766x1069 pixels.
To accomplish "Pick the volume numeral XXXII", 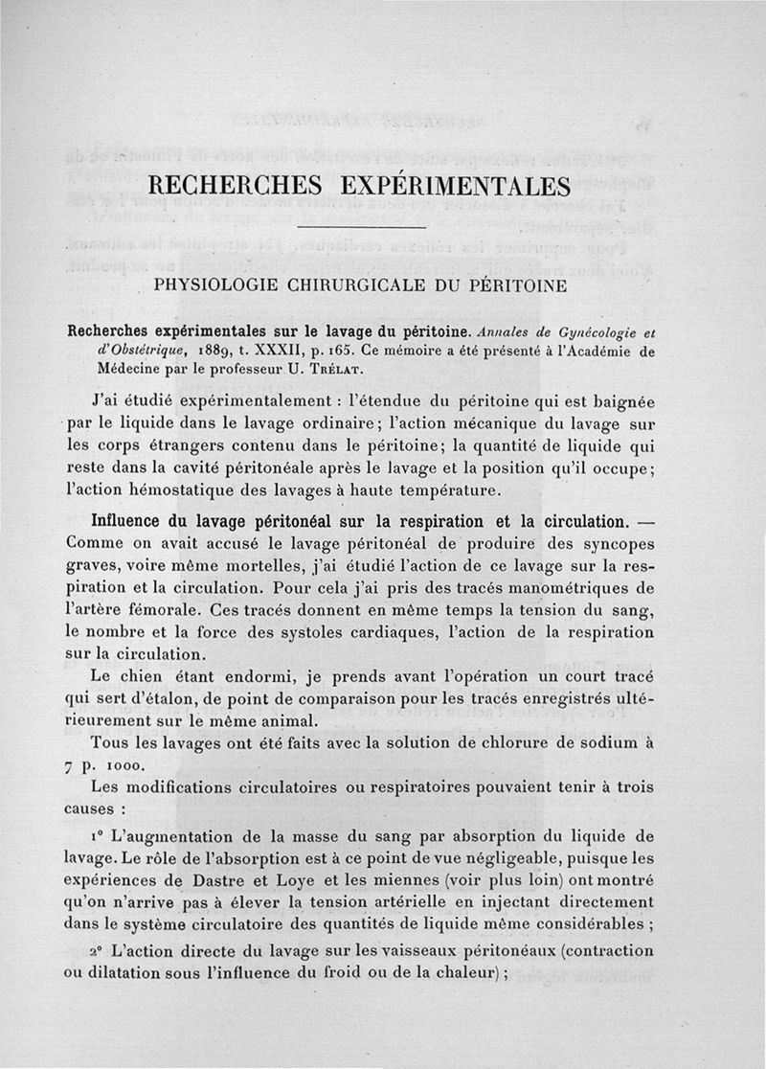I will click(276, 351).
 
